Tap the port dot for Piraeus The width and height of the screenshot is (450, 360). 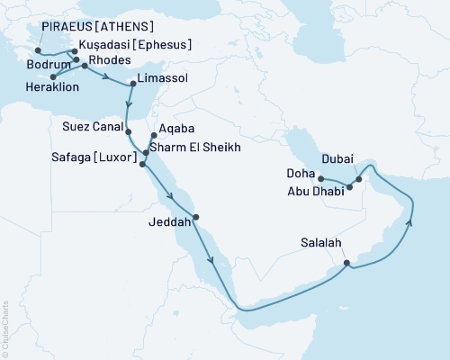tap(37, 50)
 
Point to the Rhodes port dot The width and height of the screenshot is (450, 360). tap(85, 67)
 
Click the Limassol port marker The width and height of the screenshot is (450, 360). tap(133, 83)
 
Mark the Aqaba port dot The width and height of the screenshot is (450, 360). tap(155, 136)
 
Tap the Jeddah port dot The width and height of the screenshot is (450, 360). tap(195, 217)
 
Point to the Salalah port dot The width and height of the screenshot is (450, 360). tap(347, 264)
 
